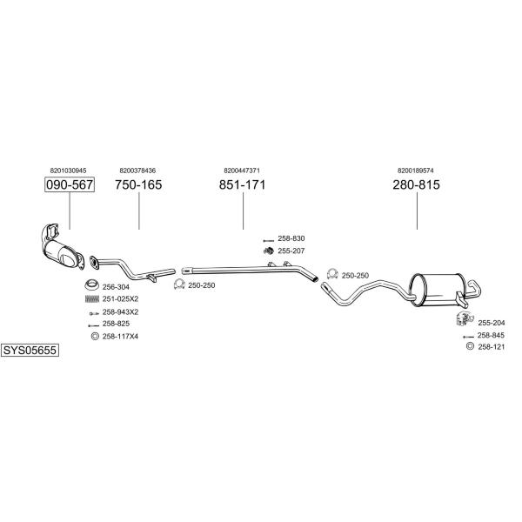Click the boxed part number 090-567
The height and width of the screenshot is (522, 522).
coord(70,184)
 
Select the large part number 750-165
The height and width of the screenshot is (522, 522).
coord(138,184)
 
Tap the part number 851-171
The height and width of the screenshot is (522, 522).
coord(243,184)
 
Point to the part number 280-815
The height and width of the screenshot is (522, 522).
coord(416,184)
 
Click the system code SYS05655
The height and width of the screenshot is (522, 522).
coord(30,351)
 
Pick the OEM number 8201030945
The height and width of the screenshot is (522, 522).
coord(68,171)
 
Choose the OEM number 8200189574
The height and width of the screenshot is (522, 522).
coord(416,171)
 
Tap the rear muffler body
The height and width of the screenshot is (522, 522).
coord(436,290)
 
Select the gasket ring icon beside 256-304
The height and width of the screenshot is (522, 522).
coord(91,285)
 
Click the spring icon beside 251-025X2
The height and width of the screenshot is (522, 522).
coord(92,299)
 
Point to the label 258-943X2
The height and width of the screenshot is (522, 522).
coord(120,312)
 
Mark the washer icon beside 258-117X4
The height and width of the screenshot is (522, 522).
coord(95,336)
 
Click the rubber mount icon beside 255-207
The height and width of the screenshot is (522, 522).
coord(268,251)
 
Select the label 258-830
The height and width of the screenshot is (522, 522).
coord(291,238)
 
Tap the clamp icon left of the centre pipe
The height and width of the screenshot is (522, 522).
coord(179,284)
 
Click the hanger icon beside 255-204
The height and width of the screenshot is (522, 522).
coord(465,318)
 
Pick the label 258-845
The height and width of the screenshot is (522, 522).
coord(491,335)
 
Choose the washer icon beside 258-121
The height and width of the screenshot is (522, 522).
coord(470,346)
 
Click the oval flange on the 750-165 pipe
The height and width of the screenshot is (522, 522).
coord(94,262)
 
